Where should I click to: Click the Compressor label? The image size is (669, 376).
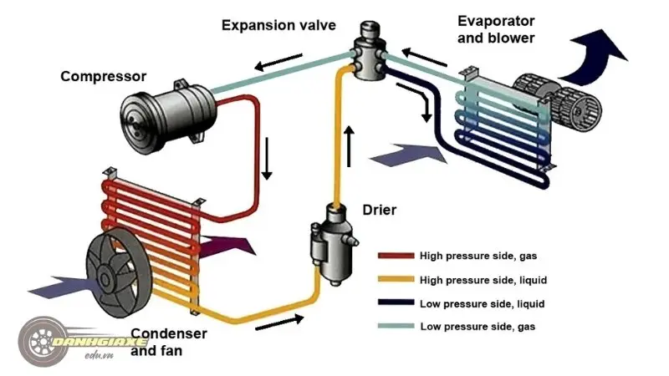[103, 76]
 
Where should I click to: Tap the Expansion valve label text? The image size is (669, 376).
[278, 25]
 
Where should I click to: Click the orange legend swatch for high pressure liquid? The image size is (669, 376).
[396, 280]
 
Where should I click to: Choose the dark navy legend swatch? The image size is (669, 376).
[396, 303]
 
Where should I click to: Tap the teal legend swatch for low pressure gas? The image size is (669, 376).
[396, 326]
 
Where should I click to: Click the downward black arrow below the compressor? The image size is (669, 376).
[268, 162]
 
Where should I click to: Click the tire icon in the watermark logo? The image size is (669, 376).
[40, 342]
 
